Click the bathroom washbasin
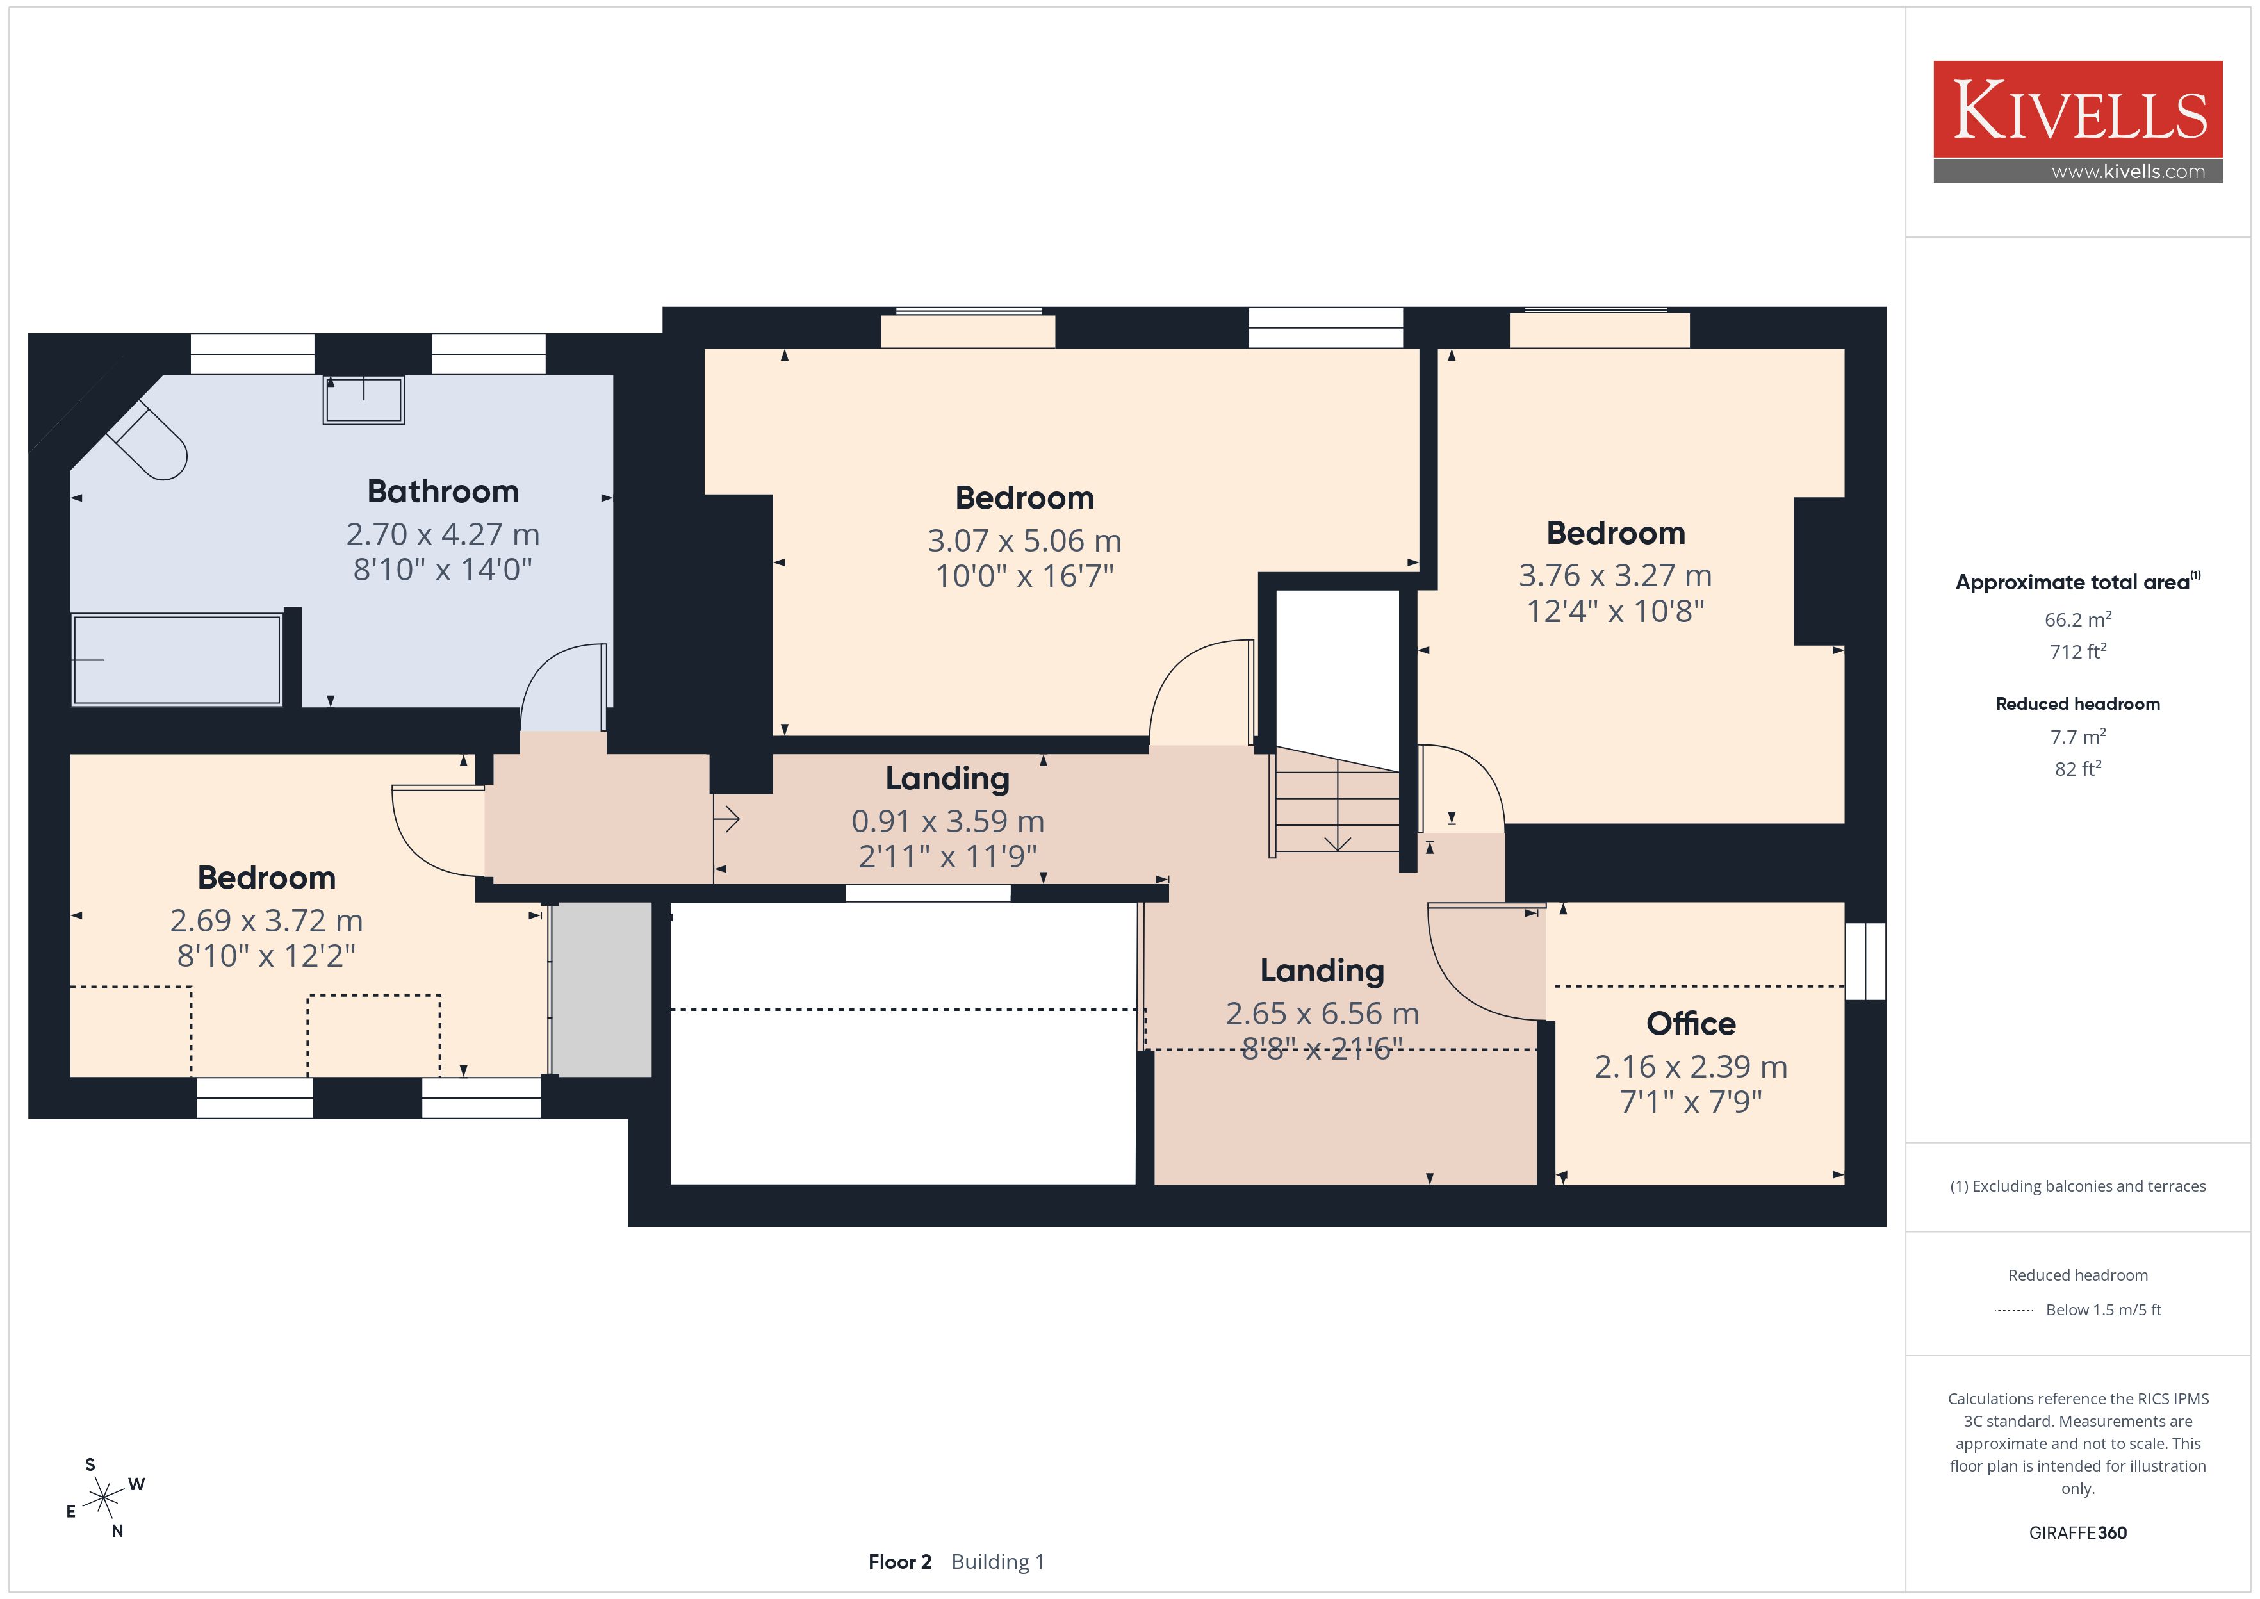363,400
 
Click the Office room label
1691,1023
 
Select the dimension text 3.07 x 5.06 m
1025,541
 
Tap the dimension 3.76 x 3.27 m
1616,575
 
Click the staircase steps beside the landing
1337,801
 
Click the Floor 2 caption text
899,1562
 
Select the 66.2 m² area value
2078,619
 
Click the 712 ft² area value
2078,652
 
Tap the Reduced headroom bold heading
2078,704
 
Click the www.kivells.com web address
2128,171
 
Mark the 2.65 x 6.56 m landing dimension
1322,1013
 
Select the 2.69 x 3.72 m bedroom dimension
266,921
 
